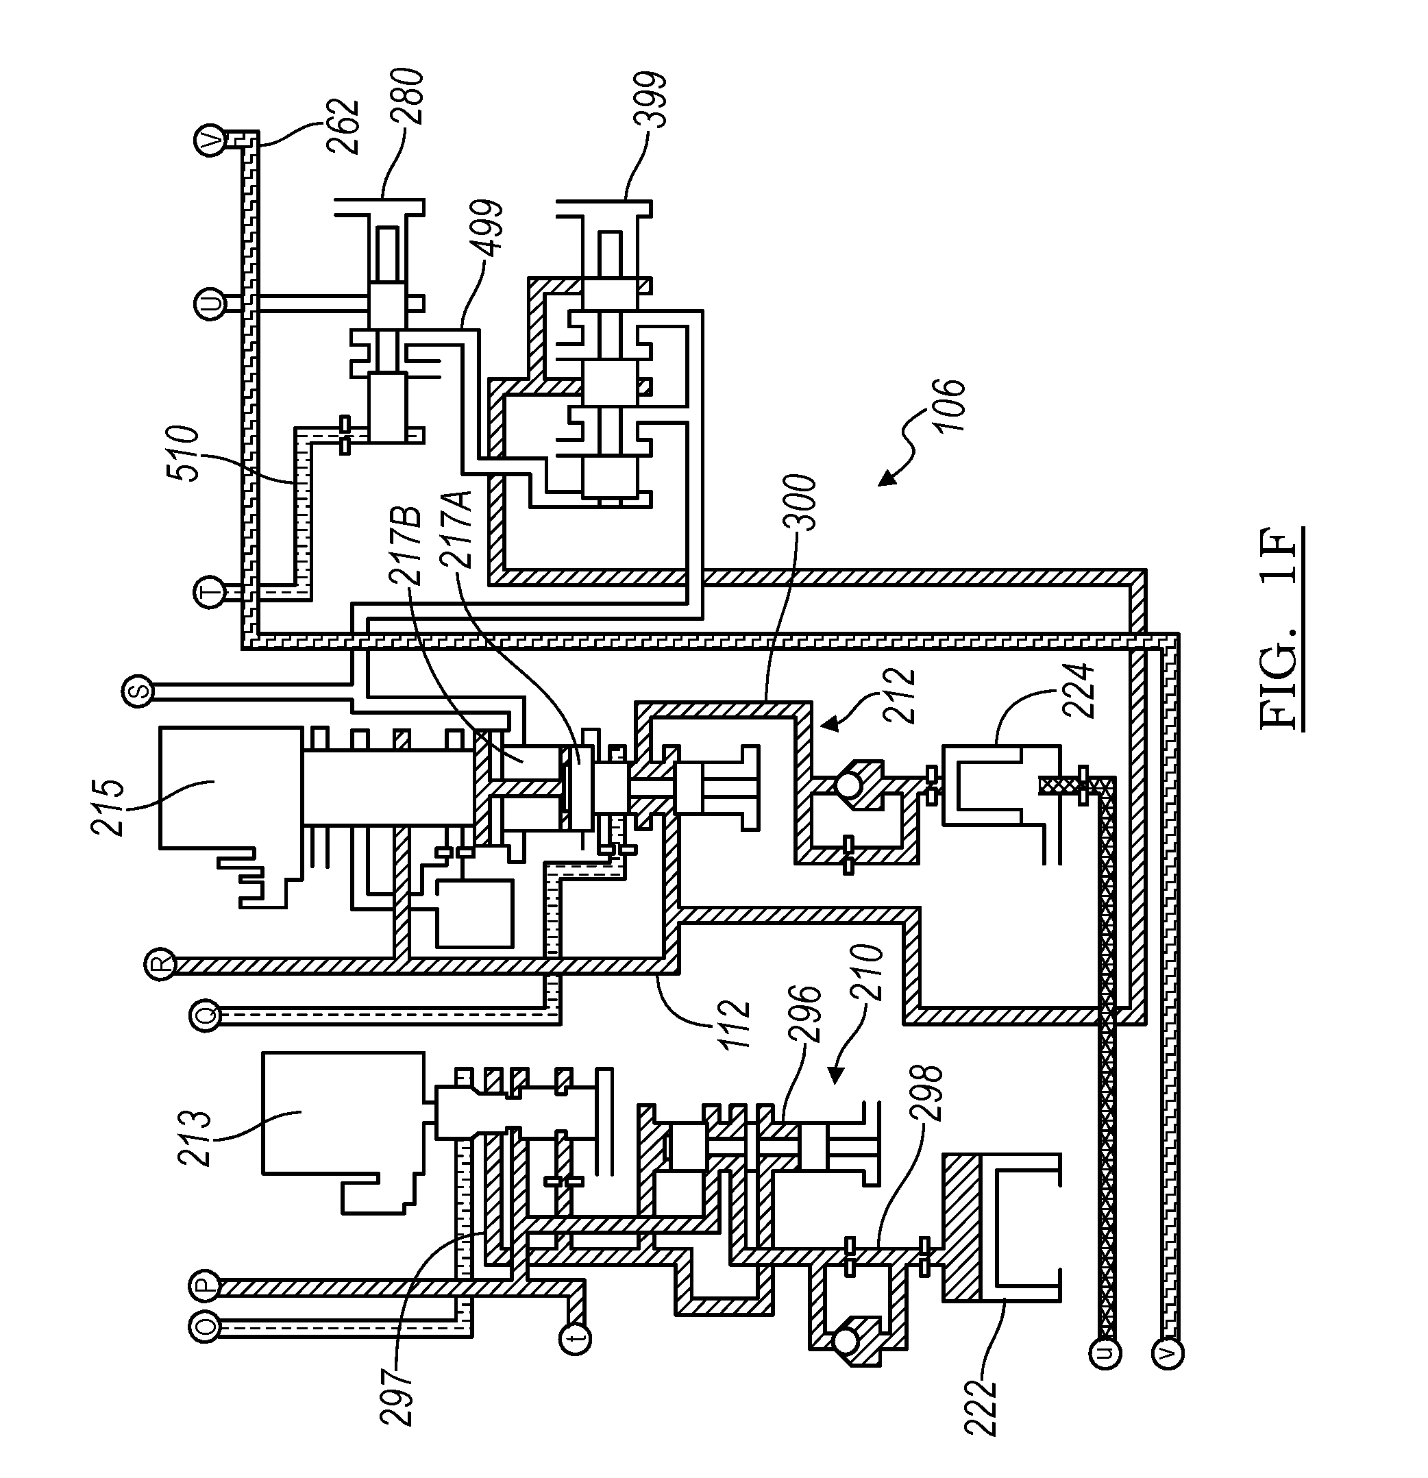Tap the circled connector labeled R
click(x=160, y=965)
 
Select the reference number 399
click(x=650, y=99)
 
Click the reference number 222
click(x=980, y=1407)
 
